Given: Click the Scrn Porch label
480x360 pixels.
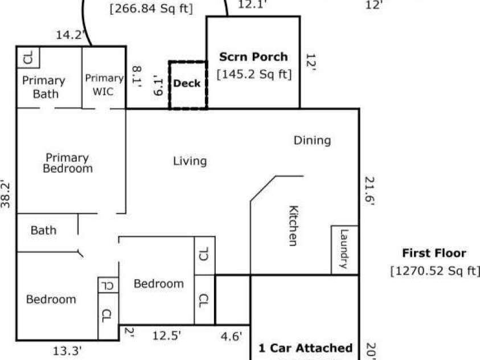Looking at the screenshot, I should coord(253,57).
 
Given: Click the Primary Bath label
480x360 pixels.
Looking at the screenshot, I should coord(44,87).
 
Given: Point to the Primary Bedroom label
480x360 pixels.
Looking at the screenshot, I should coord(67,163).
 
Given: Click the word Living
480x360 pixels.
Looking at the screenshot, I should coord(190,161).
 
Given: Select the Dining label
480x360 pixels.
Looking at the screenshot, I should coord(312,140).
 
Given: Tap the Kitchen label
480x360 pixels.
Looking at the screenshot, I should coord(292,226).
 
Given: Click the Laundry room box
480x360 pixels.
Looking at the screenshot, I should coord(344,249).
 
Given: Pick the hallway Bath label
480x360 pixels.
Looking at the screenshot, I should coord(43,230).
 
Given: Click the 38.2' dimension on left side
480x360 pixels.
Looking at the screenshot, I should coord(6,195).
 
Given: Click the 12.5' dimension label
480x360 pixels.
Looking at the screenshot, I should coord(167,336).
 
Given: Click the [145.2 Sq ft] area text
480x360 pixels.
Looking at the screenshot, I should coord(253,74).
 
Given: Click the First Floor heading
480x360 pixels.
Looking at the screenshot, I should coord(434,253).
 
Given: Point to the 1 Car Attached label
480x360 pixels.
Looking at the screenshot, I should coord(305,348).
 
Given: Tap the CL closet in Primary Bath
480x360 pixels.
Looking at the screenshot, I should coord(27,57).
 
